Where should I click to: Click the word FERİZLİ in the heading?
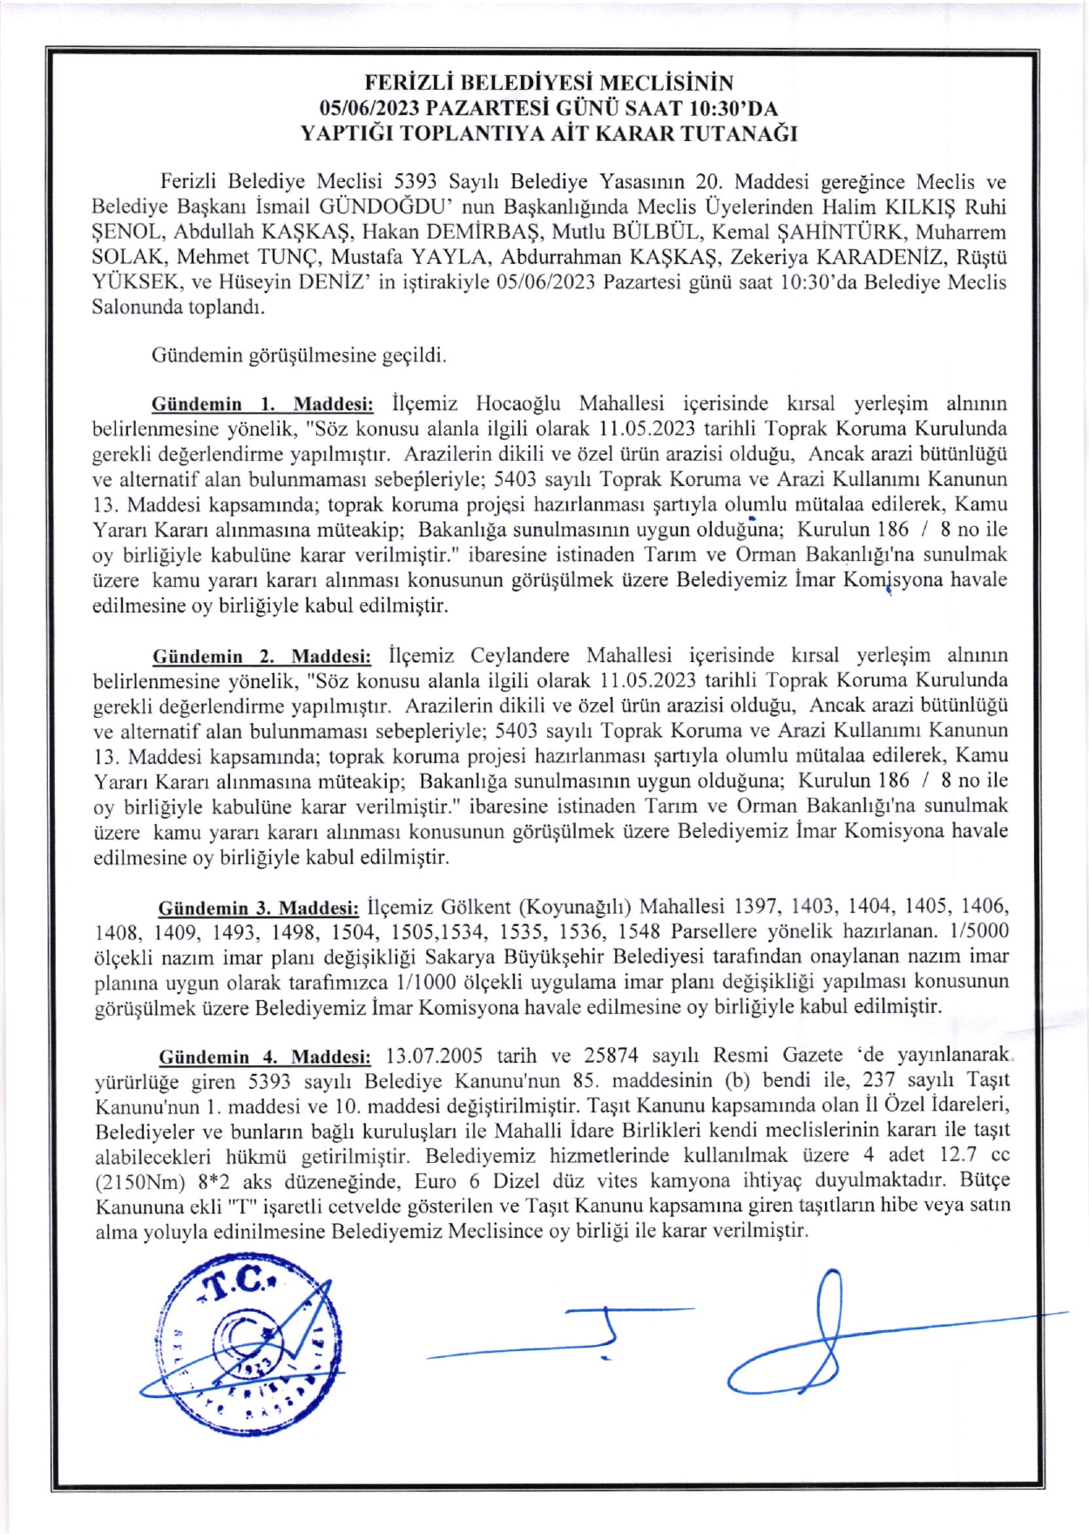(x=405, y=83)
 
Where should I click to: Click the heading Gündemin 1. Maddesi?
(x=262, y=404)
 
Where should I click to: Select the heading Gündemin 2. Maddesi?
(x=261, y=656)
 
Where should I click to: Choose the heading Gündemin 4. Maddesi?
(x=264, y=1057)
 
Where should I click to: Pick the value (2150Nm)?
(x=140, y=1182)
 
